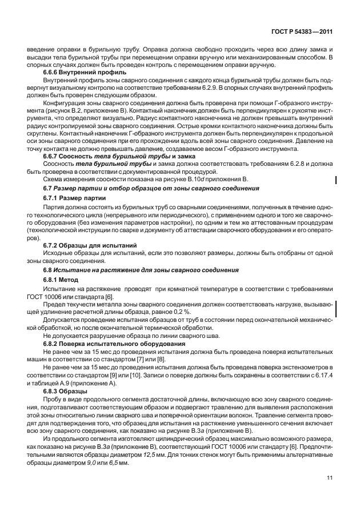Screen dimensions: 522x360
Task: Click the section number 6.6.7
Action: [53, 156]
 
